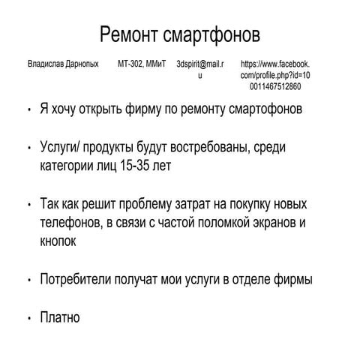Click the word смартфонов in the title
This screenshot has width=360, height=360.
click(217, 35)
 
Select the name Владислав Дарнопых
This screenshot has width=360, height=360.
click(63, 65)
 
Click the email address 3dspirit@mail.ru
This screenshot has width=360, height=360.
click(200, 70)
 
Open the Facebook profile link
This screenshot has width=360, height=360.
click(275, 76)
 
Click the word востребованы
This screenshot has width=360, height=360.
click(207, 147)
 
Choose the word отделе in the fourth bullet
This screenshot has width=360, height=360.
click(253, 280)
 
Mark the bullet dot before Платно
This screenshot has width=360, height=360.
click(28, 319)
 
